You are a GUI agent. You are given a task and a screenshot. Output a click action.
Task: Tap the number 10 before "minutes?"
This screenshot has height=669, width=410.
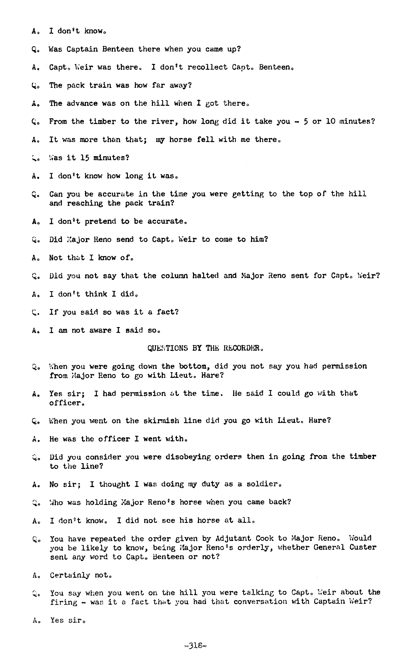(x=330, y=121)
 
